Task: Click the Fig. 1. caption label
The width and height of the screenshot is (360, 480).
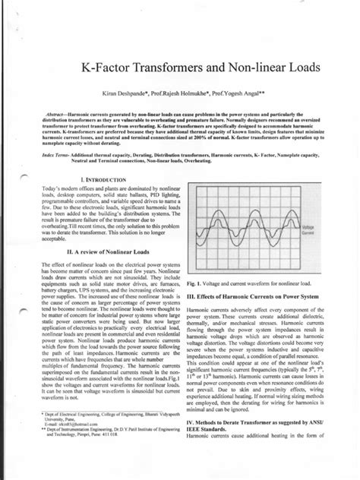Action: click(x=194, y=282)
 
